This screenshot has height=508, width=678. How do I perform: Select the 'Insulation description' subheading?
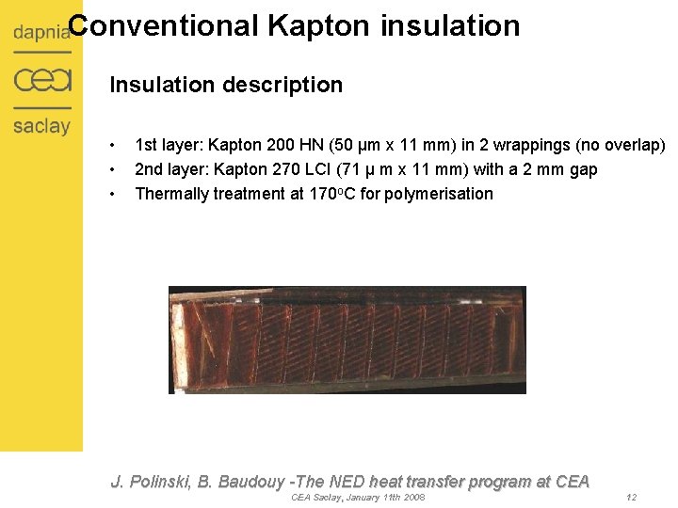point(226,85)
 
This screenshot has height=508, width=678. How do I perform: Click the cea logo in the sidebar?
point(42,81)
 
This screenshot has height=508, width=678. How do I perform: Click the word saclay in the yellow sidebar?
point(41,125)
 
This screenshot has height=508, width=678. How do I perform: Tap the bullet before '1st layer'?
point(112,146)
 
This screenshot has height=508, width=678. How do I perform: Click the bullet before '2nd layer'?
point(112,169)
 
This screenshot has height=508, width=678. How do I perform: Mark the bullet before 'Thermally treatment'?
point(112,194)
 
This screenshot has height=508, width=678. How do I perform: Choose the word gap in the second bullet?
point(583,169)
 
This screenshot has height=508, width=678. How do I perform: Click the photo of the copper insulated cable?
point(347,340)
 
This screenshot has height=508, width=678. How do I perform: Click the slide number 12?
point(631,497)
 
